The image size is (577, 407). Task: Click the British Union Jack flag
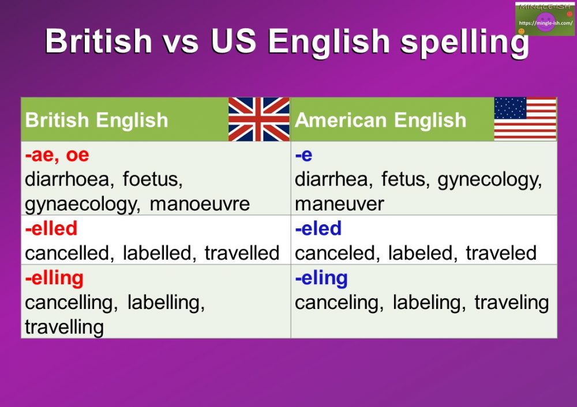click(258, 119)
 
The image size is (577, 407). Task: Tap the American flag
click(525, 119)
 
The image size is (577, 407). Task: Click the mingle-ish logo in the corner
click(545, 19)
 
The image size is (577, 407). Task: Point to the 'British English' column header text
click(96, 120)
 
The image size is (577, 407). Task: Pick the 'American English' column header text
click(380, 120)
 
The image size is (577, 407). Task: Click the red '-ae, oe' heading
click(57, 155)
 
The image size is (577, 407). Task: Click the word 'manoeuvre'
click(200, 203)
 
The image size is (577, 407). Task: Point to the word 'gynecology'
click(490, 179)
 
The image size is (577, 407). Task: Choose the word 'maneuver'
click(339, 203)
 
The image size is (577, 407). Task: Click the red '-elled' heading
click(51, 229)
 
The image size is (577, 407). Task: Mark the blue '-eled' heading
click(318, 229)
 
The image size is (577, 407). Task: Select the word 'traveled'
click(501, 253)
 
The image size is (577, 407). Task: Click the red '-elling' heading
click(54, 278)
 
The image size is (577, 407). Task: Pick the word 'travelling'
click(64, 327)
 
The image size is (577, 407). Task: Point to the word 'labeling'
click(429, 302)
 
